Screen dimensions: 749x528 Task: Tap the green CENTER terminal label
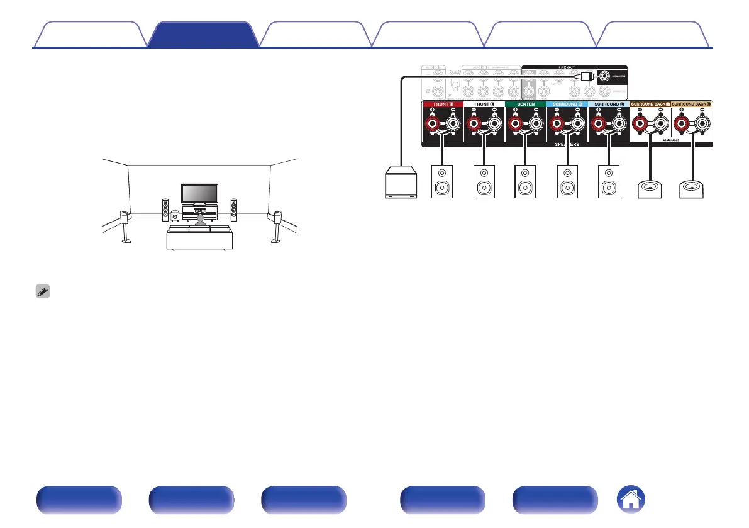pos(526,104)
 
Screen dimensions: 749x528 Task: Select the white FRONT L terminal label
pos(484,104)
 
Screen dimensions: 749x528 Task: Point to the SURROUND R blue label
pos(567,104)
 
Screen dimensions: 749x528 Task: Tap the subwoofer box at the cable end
pos(400,183)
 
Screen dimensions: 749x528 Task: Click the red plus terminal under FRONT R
pos(433,124)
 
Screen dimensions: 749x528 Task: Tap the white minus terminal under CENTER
pos(536,124)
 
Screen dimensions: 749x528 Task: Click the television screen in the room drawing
pos(199,193)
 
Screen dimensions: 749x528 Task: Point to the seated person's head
pos(200,218)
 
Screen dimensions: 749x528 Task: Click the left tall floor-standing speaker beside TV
pos(165,210)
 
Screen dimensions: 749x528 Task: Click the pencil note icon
pos(43,293)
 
